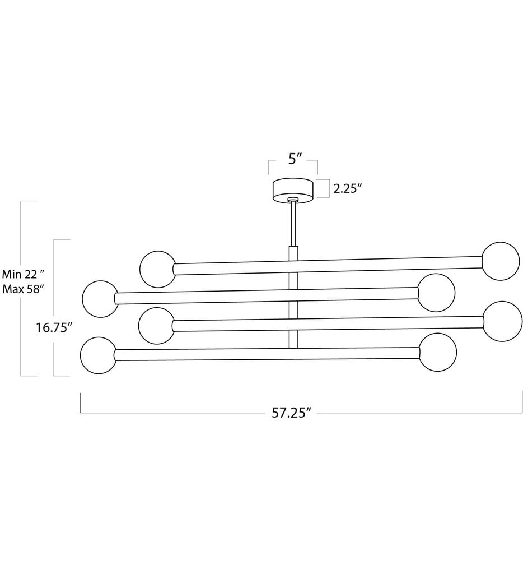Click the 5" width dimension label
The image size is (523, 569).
[x=295, y=159]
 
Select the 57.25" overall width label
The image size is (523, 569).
[x=291, y=413]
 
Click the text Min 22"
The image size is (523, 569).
[x=23, y=275]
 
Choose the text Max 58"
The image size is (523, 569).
[x=23, y=289]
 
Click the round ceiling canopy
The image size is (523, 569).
[x=293, y=189]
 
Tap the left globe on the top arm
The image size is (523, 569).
[x=157, y=269]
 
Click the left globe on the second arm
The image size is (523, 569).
[x=99, y=298]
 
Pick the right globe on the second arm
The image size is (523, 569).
[x=436, y=293]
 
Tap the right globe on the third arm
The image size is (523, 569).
[x=502, y=321]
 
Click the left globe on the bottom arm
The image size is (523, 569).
[x=98, y=355]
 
